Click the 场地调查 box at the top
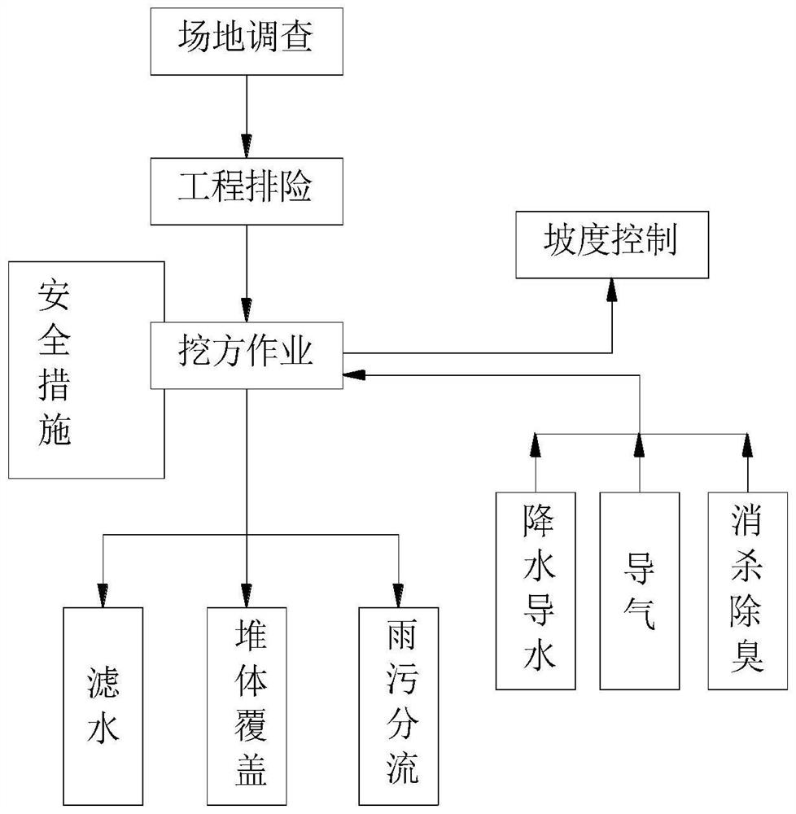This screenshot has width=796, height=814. click(x=244, y=39)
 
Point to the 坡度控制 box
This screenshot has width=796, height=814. click(x=610, y=243)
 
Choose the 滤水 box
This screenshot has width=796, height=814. click(x=103, y=705)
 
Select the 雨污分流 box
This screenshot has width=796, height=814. click(x=400, y=705)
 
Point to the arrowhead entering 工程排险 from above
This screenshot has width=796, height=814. click(x=244, y=147)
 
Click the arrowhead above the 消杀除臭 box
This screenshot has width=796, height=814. click(x=746, y=444)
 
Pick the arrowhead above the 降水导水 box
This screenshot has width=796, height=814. click(x=536, y=444)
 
